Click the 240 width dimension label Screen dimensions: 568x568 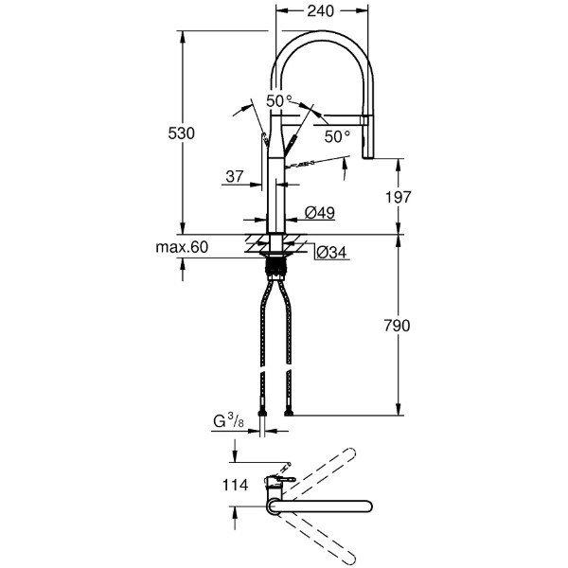[320, 11]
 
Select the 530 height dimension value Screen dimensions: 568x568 [181, 133]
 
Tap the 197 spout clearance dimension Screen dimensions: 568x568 [399, 197]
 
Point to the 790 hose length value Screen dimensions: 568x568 [397, 326]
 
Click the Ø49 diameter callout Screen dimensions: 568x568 [320, 213]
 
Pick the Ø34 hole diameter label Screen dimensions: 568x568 [331, 253]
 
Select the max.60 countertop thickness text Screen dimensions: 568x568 [182, 247]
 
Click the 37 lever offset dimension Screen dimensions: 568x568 [235, 176]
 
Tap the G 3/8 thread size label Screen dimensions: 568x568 [228, 421]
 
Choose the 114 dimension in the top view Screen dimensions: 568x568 [235, 485]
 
